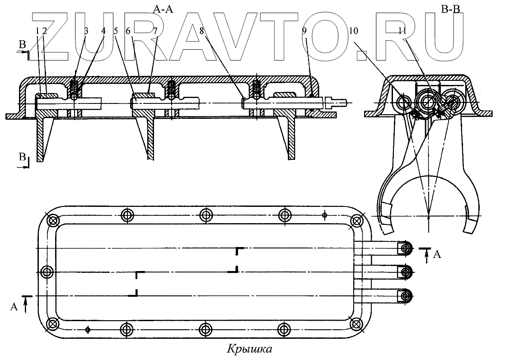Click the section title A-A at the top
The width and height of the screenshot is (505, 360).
coord(164,8)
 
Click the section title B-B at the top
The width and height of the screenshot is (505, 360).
coord(450,8)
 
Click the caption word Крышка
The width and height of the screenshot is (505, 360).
coord(249,349)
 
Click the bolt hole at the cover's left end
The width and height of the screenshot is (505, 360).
coord(47,272)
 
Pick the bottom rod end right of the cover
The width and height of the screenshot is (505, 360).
coord(406,295)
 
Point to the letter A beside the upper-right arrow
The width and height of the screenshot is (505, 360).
coord(437,255)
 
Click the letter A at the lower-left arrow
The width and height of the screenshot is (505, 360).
coord(14,307)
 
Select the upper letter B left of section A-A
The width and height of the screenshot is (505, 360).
coord(22,45)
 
